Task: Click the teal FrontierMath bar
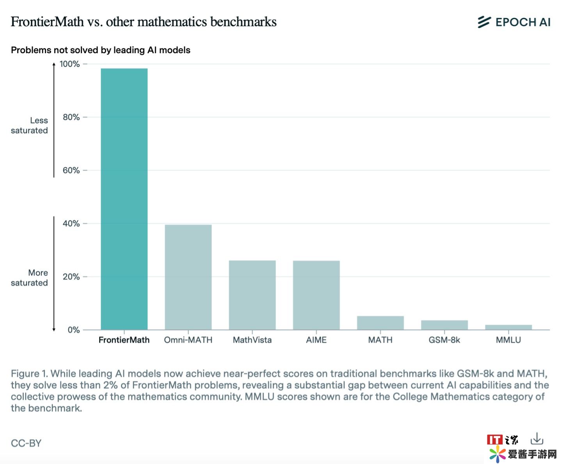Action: pos(124,199)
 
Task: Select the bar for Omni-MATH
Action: pos(188,277)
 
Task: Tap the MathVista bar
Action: pos(252,295)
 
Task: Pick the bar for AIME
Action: pos(316,295)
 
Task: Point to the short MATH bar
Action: pos(380,323)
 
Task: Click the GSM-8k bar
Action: pos(444,325)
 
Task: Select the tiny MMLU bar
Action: pos(508,327)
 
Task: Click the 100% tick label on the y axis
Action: pos(69,64)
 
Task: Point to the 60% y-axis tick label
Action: pos(71,170)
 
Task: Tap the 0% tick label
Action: pos(73,330)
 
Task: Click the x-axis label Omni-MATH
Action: pos(188,340)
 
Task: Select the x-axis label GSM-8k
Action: pos(444,340)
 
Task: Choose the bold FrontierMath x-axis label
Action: pos(124,340)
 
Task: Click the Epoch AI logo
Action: pos(514,22)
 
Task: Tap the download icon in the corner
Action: pos(537,439)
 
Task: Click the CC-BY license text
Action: pos(26,443)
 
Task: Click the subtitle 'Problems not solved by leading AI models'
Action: pos(101,50)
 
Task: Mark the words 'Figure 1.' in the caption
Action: pos(29,373)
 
